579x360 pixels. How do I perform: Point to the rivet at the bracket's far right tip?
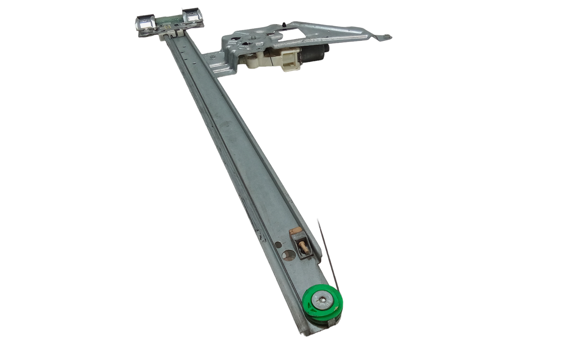(386, 37)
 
